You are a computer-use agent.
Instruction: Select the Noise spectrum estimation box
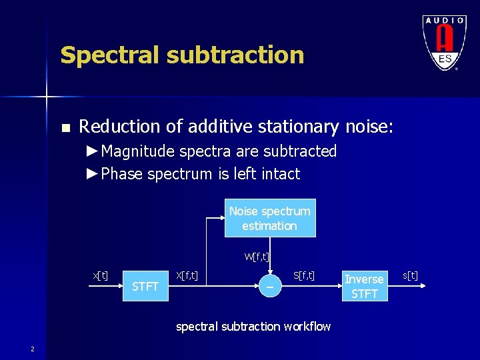[x=269, y=218]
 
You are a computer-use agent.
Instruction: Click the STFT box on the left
[x=145, y=287]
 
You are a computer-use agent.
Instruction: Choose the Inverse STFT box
[x=364, y=286]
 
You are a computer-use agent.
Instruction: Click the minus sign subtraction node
[x=269, y=287]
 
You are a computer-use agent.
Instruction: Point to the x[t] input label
[x=101, y=275]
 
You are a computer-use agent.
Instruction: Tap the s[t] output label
[x=410, y=275]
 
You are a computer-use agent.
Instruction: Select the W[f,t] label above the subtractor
[x=257, y=256]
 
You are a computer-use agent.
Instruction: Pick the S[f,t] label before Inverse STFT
[x=304, y=274]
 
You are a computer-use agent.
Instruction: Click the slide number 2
[x=32, y=349]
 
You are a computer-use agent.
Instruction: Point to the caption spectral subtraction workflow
[x=253, y=326]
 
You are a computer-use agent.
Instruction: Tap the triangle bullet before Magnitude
[x=92, y=151]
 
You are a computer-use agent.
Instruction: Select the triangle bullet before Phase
[x=92, y=174]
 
